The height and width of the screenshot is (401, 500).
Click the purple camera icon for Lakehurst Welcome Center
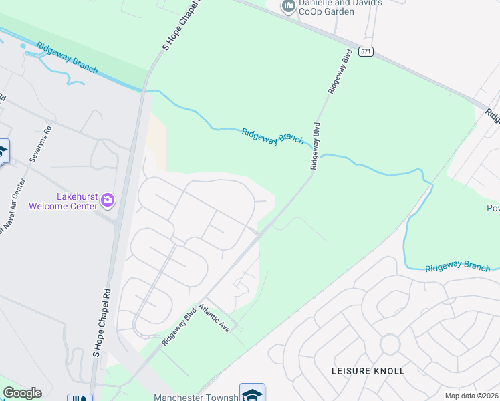[108, 200]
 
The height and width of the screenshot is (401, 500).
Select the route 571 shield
[365, 52]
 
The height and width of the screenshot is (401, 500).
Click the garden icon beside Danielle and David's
[289, 7]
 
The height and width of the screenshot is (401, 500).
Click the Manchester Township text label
[196, 398]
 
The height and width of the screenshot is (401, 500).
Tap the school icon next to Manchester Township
[252, 393]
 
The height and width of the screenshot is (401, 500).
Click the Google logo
[22, 393]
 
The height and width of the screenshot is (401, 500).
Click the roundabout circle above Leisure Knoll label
[390, 344]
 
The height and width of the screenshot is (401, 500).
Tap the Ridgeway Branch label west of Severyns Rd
[68, 59]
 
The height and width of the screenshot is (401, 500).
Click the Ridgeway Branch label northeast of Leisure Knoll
[457, 266]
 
